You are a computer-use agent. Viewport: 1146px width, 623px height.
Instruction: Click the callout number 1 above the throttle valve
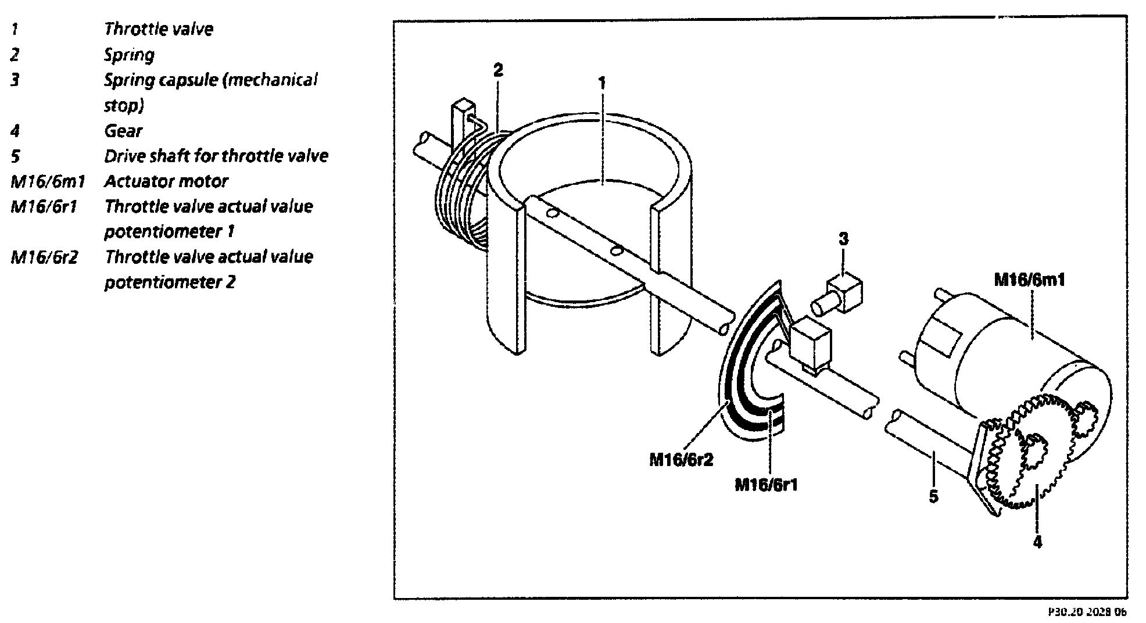tap(602, 83)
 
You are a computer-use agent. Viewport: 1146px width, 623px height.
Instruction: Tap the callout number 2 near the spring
tap(498, 70)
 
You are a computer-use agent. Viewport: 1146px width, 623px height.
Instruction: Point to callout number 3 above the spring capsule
tap(843, 238)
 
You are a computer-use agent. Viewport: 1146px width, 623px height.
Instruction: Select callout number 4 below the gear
tap(1037, 542)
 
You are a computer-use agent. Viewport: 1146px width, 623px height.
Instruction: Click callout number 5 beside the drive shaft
tap(933, 496)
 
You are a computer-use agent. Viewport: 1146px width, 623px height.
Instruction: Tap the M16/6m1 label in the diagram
tap(1029, 280)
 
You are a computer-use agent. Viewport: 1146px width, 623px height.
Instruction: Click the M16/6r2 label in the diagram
tap(681, 460)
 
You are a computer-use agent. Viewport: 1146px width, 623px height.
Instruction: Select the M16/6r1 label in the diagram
tap(766, 484)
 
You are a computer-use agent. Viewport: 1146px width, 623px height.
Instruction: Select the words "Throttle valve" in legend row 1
tap(159, 29)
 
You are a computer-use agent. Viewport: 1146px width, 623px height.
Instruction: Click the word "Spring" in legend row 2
tap(129, 55)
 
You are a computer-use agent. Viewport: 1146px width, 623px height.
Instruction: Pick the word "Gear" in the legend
tap(123, 131)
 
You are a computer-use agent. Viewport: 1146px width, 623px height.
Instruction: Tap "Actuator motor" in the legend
tap(166, 181)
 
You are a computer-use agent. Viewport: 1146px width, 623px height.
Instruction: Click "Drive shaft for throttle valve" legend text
tap(216, 156)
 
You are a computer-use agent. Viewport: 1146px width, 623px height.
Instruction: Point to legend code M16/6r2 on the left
tap(44, 257)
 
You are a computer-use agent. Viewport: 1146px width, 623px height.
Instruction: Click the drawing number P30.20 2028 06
tap(1087, 612)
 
